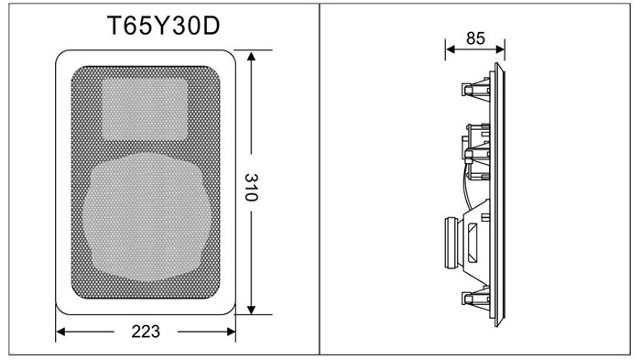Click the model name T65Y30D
(164, 26)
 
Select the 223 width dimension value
(146, 332)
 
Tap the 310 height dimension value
(252, 187)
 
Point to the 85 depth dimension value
(475, 38)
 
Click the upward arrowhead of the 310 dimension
(252, 57)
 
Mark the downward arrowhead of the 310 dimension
(252, 309)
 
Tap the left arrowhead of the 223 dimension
(61, 332)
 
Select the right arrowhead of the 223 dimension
(231, 332)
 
